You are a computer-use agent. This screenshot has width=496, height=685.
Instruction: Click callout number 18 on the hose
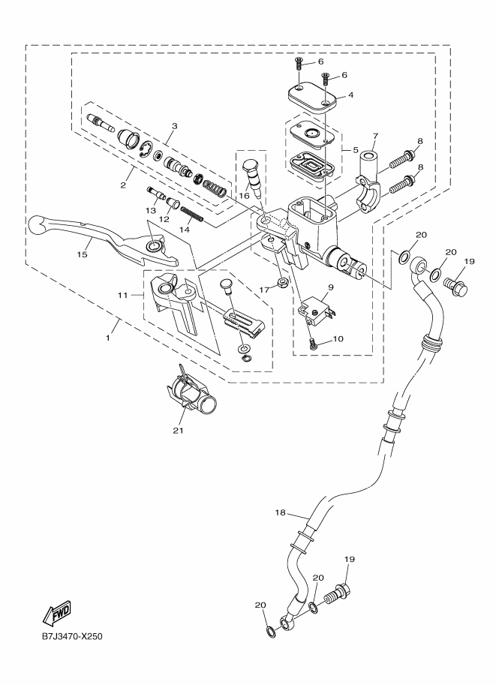[x=281, y=512]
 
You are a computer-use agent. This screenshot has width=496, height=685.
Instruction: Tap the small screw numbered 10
[x=314, y=343]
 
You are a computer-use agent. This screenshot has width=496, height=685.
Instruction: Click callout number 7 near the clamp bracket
[x=375, y=136]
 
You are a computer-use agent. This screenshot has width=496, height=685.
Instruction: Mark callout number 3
[x=173, y=126]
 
